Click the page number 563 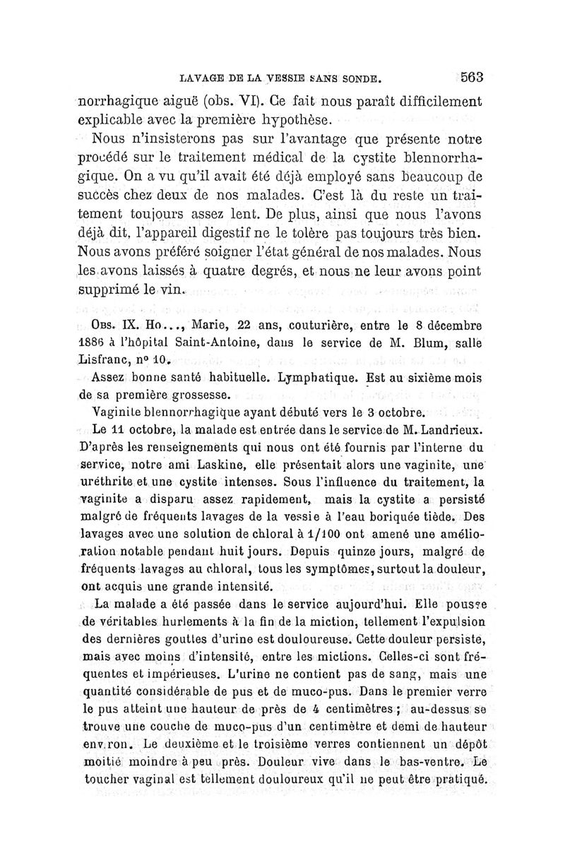coord(469,76)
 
